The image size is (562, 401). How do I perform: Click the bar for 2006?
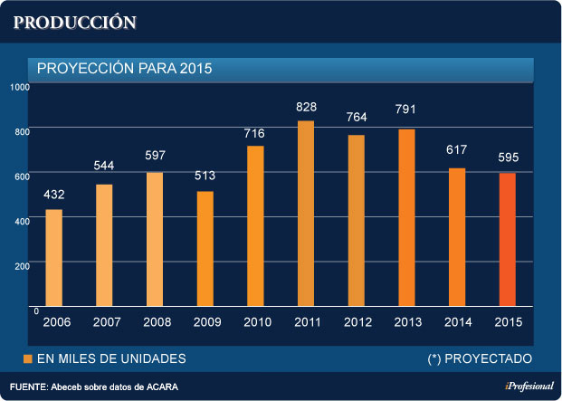[54, 258]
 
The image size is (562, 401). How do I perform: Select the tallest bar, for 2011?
[306, 214]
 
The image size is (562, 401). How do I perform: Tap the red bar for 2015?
[508, 240]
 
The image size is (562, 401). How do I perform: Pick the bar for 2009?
[205, 249]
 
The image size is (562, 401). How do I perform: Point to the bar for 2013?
[406, 217]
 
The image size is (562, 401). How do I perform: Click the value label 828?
[306, 108]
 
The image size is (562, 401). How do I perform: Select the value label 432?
[54, 196]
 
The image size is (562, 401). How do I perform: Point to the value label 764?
[357, 118]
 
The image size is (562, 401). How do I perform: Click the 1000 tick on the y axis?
[21, 87]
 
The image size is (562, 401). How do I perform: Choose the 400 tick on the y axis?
[22, 220]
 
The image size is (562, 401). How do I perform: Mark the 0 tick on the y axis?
[35, 310]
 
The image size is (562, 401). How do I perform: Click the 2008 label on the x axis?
[155, 322]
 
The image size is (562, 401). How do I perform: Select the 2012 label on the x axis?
[357, 322]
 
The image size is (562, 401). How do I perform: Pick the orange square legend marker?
[27, 359]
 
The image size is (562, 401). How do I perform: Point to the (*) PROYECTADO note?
[480, 359]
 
